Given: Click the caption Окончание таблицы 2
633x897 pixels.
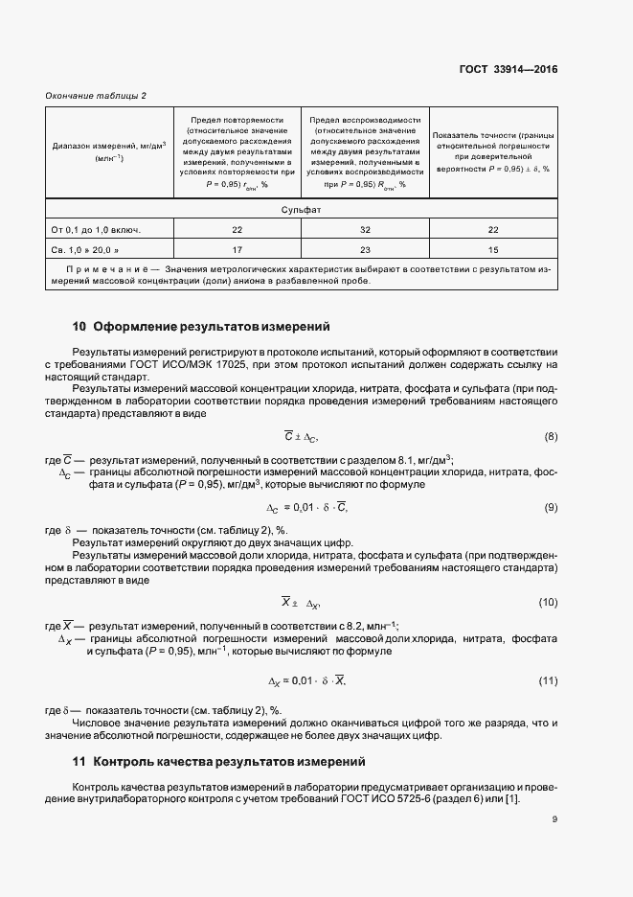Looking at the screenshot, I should coord(96,95).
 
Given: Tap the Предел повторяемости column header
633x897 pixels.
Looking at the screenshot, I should coord(237,151).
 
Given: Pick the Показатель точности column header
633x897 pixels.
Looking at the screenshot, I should coord(492,151).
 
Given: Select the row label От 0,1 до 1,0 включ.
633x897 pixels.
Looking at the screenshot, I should coord(96,230).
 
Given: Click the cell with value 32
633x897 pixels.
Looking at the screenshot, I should coord(364,230).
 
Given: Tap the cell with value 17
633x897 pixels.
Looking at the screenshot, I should coord(237,250).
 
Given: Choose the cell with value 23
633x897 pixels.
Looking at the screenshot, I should coord(364,250).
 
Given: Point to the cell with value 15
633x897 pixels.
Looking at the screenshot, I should coord(492,250).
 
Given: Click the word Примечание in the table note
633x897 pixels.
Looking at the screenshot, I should coord(103,271).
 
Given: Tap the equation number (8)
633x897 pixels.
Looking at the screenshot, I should coord(550,437).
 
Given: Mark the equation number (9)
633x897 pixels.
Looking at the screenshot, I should coord(550,507).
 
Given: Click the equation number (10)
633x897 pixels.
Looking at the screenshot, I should coord(548,602).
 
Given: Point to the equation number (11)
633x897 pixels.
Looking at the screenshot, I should coord(548,680).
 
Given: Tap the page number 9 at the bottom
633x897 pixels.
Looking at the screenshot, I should coord(554,818).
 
